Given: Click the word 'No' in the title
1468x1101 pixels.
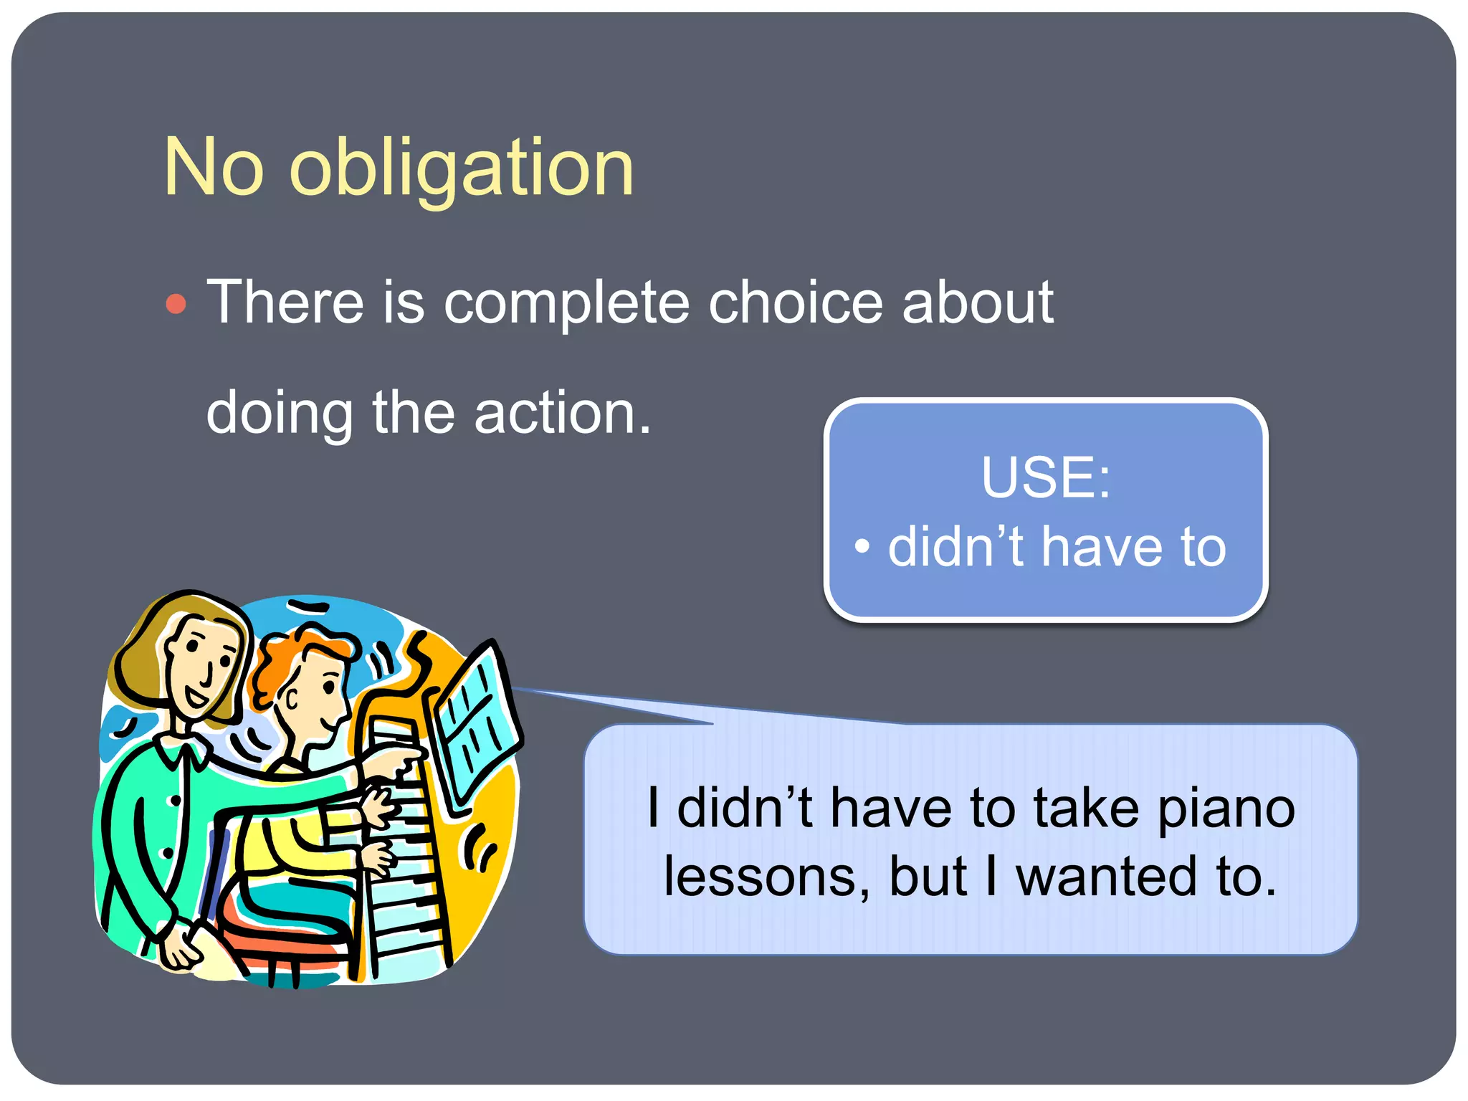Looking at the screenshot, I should coord(214,168).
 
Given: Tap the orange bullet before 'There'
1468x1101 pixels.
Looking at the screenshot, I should coord(176,304).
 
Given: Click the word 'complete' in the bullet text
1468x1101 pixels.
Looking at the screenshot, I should coord(566,303).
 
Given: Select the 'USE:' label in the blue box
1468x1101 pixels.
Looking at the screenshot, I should coord(1046,477).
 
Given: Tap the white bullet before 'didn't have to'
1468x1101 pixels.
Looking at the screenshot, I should coord(862,546).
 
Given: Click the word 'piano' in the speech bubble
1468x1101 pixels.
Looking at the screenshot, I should coord(1226,809).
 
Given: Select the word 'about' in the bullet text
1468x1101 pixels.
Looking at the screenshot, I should coord(978,302).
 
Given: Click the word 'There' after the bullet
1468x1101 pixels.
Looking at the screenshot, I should coord(285,302).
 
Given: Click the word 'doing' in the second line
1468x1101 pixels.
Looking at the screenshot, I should coord(280,414).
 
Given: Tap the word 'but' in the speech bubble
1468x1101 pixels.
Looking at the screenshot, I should coord(929,877).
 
